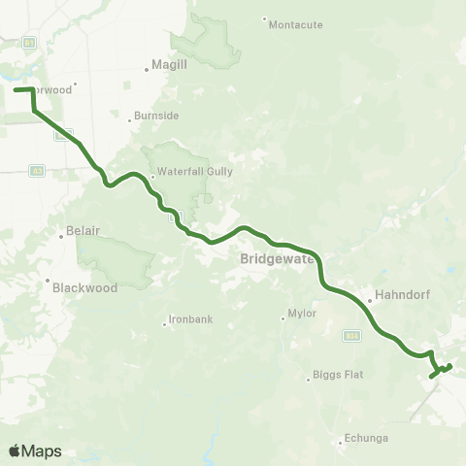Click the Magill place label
pos(163,68)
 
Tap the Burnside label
pos(156,115)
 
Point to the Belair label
pos(83,231)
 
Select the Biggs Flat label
pos(338,375)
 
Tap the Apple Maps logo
pos(35,450)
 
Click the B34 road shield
pos(353,335)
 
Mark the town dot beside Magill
pos(144,68)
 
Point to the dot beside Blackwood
pos(48,282)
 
